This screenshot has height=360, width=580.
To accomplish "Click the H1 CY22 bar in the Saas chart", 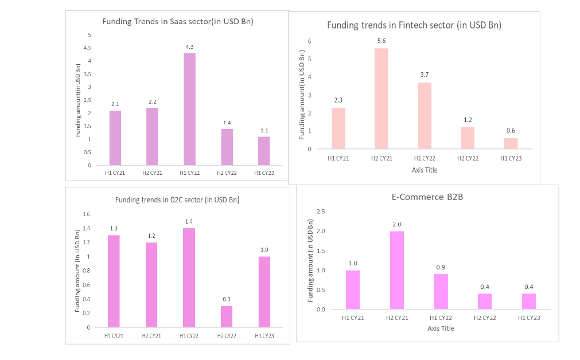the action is pos(190,109).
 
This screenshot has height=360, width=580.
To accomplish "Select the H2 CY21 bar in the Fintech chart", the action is pos(382,99).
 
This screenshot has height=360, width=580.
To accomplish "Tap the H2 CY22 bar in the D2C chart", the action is pos(227,316).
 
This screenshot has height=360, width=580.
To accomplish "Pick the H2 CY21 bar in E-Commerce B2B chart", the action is pos(397,270).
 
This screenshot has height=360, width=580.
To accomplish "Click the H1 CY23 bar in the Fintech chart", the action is pos(511,143).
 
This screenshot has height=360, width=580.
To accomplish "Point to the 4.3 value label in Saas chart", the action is pos(189,47).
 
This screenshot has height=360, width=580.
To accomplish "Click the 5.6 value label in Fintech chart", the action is pos(382,41).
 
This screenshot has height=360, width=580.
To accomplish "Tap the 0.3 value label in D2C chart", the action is pos(227,299).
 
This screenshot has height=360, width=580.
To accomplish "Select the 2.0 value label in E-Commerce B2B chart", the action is pos(397,224).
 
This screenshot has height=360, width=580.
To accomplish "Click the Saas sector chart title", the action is pos(178,21).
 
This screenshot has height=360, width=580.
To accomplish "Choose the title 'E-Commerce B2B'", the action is pos(427,197).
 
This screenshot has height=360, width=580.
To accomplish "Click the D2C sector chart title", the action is pos(177,200).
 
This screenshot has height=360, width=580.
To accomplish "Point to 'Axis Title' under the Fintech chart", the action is pos(425,170).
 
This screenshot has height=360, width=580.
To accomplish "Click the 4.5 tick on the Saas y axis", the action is pos(87,48).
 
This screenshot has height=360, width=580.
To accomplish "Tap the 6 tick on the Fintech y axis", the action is pos(310,41).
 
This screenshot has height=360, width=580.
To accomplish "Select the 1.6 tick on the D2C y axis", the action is pos(86,214).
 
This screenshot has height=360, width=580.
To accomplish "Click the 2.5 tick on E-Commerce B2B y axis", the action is pos(321,212).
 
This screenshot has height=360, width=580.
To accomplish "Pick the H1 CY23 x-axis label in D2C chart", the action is pos(264,336).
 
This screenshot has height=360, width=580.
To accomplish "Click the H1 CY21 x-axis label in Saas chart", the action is pos(115,173).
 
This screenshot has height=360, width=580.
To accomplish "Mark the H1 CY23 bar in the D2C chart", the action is pos(264,292).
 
